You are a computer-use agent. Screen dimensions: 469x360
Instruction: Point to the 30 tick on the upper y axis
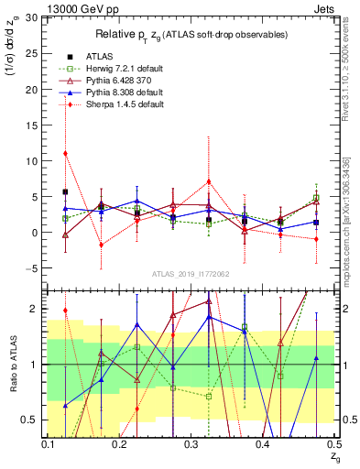click(33, 18)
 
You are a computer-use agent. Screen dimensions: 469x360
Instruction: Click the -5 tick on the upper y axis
click(35, 268)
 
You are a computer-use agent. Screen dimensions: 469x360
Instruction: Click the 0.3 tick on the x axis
click(191, 444)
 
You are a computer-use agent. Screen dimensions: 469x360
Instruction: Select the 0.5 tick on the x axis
click(334, 444)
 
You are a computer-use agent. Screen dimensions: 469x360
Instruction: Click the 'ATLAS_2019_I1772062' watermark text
click(191, 274)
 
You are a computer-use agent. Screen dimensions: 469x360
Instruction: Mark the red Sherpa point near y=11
click(65, 153)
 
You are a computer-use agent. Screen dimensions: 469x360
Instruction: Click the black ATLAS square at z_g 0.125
click(65, 192)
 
